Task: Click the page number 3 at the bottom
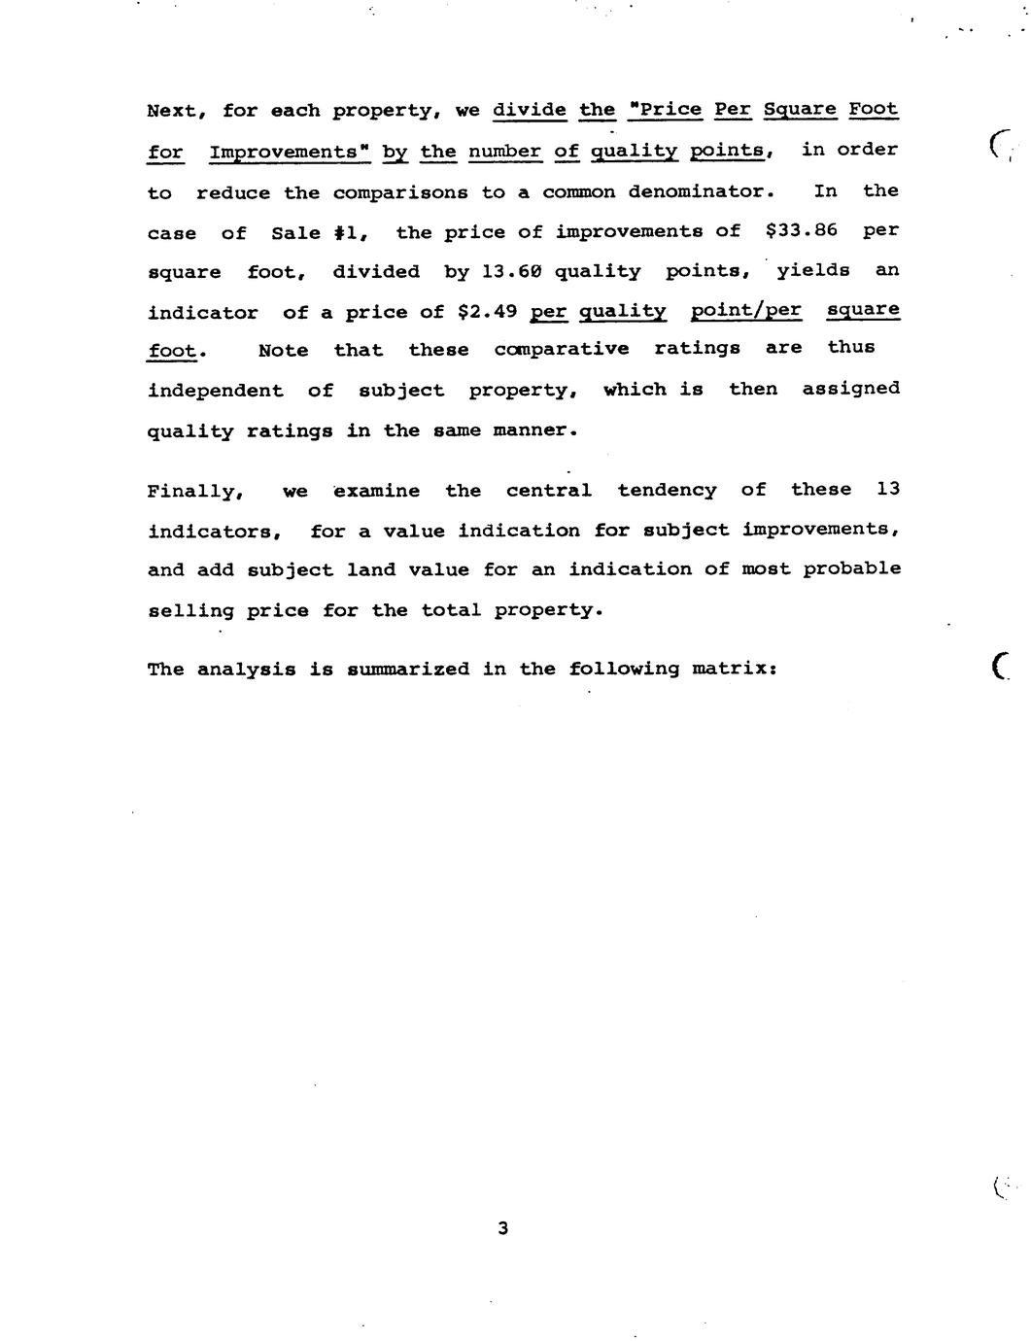502,1228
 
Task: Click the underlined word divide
530,109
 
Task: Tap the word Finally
194,492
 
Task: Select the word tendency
667,490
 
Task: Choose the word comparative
561,349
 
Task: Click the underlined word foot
172,351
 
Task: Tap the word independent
215,391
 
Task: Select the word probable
851,568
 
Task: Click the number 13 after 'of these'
887,489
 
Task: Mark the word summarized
408,670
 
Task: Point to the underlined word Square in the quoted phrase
800,109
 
